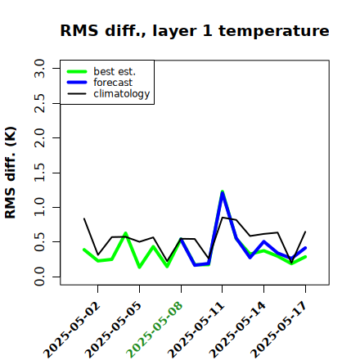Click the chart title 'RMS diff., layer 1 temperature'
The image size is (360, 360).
coord(195,30)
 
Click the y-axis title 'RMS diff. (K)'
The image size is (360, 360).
coord(11,173)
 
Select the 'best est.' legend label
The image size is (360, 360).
coord(115,71)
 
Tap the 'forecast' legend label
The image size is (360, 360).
coord(113,83)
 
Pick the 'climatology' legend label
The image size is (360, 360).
coord(122,94)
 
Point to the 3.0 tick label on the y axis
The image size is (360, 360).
coord(39,69)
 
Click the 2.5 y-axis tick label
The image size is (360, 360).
coord(39,103)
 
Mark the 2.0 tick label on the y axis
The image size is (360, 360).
coord(39,138)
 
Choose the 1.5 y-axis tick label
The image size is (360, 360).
coord(39,173)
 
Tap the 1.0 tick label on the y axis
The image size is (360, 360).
coord(39,207)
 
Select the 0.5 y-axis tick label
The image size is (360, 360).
coord(39,242)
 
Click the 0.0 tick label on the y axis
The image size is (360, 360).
coord(39,277)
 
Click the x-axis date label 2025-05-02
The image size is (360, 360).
coord(71,330)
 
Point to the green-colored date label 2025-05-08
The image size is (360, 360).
coord(155,330)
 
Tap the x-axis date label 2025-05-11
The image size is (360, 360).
coord(196,330)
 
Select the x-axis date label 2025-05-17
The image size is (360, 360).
coord(279,330)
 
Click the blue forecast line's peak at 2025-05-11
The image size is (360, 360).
coord(223,192)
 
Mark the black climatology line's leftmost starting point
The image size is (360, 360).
coord(84,218)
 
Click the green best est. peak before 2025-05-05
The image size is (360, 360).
coord(125,233)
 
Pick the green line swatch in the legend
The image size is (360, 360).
coord(77,71)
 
